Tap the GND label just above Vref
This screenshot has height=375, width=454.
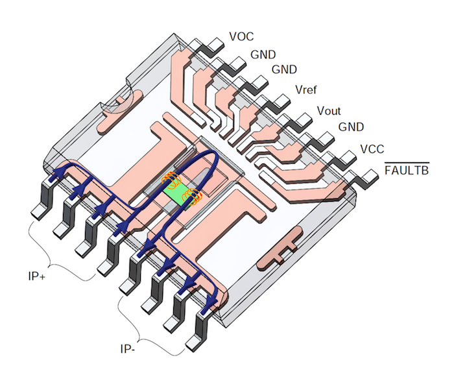point(283,69)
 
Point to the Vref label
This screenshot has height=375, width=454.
point(307,89)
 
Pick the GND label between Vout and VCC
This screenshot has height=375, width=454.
point(351,127)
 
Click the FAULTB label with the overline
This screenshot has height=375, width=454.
point(407,171)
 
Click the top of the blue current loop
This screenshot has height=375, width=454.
point(209,156)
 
